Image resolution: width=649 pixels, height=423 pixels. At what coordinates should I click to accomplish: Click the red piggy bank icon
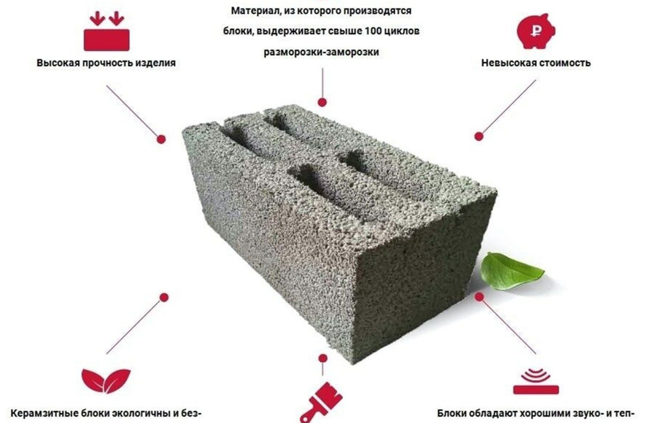click(536, 31)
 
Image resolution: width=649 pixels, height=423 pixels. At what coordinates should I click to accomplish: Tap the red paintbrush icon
click(321, 403)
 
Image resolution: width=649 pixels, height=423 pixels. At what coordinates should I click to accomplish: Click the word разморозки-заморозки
click(321, 52)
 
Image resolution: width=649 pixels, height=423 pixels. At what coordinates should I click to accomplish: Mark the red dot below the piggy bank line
click(479, 136)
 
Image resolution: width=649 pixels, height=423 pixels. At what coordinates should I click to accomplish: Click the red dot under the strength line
click(161, 140)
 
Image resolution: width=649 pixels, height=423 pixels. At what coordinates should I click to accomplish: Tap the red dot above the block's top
click(322, 102)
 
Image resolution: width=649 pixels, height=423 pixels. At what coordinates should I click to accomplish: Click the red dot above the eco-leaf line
click(164, 298)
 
